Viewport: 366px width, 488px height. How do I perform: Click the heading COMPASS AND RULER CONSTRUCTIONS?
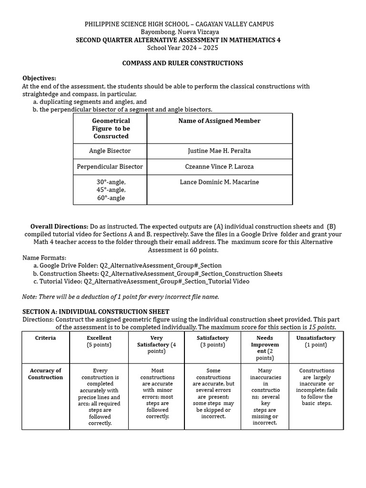(x=183, y=63)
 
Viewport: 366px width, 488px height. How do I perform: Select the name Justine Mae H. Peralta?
(x=219, y=151)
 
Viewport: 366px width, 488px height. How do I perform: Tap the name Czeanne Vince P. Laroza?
(x=219, y=167)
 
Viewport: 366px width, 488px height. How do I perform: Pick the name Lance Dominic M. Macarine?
(x=219, y=182)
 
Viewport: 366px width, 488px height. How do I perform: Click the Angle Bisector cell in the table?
(x=110, y=151)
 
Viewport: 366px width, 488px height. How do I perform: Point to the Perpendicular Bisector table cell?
(x=110, y=167)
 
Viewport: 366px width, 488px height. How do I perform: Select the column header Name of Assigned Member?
(x=219, y=121)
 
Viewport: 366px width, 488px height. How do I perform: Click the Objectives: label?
(x=39, y=78)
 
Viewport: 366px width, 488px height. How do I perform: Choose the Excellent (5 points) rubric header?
(x=99, y=341)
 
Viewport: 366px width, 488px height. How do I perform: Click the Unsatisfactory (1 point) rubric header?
(x=315, y=341)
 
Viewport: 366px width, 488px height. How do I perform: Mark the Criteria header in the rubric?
(x=45, y=338)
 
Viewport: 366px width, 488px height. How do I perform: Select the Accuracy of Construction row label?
(x=45, y=374)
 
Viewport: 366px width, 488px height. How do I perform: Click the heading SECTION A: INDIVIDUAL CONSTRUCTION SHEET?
(x=96, y=312)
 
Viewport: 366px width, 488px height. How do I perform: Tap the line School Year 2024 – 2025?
(x=183, y=48)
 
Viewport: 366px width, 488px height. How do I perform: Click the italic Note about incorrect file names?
(x=121, y=296)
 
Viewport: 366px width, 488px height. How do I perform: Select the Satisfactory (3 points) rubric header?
(x=213, y=341)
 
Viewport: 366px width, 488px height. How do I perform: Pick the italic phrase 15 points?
(x=322, y=327)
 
